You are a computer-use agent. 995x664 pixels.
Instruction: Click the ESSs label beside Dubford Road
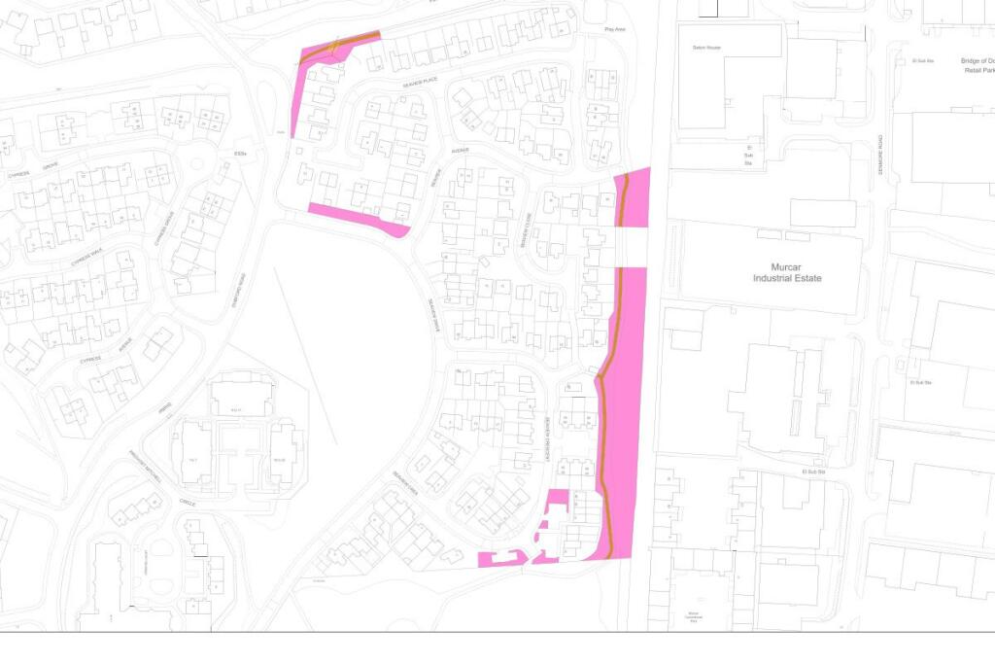pos(241,154)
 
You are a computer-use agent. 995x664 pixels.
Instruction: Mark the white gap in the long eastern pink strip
pos(632,247)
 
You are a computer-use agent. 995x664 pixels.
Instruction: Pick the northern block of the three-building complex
pos(243,397)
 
